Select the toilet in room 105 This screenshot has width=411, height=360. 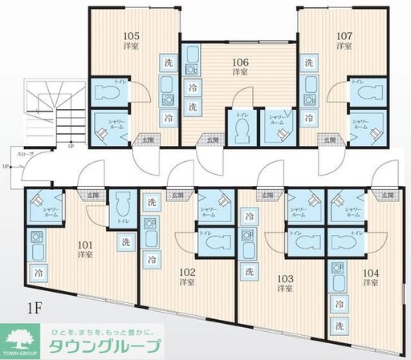pyautogui.click(x=108, y=93)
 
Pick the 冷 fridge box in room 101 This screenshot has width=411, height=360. pyautogui.click(x=38, y=273)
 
